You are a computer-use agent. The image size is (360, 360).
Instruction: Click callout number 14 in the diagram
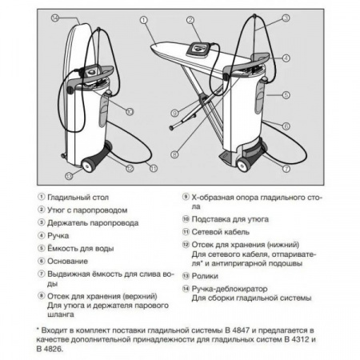[x=55, y=18]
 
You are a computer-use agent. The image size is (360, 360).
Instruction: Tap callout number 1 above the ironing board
[x=144, y=20]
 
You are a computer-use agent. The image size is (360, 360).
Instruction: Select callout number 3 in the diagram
[x=286, y=18]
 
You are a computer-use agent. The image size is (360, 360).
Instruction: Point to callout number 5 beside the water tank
[x=286, y=95]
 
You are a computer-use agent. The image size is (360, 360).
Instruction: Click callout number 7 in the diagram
[x=286, y=169]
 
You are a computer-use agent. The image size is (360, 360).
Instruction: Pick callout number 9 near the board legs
[x=174, y=113]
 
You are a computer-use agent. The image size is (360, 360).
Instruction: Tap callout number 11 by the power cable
[x=154, y=168]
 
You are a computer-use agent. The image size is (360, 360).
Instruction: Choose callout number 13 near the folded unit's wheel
[x=69, y=176]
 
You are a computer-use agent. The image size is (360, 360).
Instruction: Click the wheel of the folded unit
[x=88, y=166]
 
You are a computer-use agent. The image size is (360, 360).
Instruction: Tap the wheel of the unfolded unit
[x=243, y=166]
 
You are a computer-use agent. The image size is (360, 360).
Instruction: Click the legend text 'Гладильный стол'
[x=78, y=198]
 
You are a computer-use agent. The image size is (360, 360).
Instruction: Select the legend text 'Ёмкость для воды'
[x=81, y=249]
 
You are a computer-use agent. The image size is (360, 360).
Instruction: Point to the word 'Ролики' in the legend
[x=205, y=276]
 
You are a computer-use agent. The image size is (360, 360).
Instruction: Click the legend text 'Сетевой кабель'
[x=221, y=232]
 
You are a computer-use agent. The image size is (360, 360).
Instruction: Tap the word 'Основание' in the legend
[x=67, y=262]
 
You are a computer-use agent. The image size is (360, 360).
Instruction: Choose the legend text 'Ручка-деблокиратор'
[x=230, y=289]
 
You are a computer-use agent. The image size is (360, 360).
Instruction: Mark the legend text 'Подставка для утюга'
[x=230, y=219]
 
